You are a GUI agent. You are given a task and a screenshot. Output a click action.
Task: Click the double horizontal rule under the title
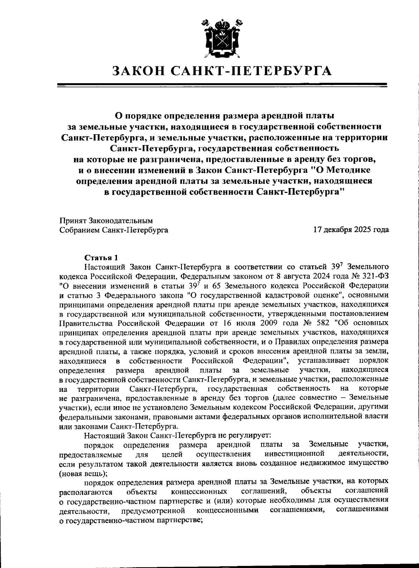222,85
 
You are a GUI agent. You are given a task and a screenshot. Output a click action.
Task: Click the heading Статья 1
101,258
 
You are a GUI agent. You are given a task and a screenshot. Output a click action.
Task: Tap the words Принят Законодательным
106,221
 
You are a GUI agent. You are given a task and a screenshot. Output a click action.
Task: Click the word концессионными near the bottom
227,510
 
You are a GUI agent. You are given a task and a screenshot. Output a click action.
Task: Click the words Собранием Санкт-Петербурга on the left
114,230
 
